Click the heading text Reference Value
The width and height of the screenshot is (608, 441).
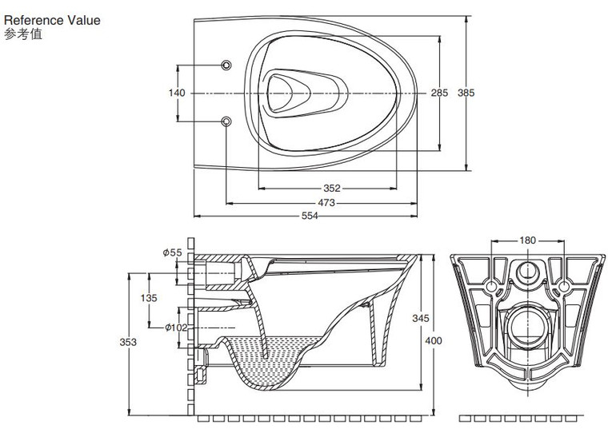click(53, 20)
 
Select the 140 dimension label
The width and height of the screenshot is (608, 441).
click(177, 93)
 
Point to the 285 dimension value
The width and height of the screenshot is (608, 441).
click(439, 93)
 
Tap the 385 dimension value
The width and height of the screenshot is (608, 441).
click(466, 93)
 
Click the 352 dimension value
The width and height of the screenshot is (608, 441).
click(332, 189)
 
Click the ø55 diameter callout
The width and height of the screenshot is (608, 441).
click(172, 252)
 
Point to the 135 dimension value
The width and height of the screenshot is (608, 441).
click(149, 297)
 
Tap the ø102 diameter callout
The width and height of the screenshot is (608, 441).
click(175, 327)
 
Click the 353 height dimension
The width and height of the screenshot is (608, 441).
click(128, 342)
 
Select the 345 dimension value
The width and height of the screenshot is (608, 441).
click(420, 318)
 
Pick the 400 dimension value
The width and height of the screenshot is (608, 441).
click(433, 341)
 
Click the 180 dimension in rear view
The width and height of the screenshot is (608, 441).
click(527, 240)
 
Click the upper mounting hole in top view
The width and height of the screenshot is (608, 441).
click(226, 64)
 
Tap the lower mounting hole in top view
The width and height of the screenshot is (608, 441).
click(226, 121)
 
